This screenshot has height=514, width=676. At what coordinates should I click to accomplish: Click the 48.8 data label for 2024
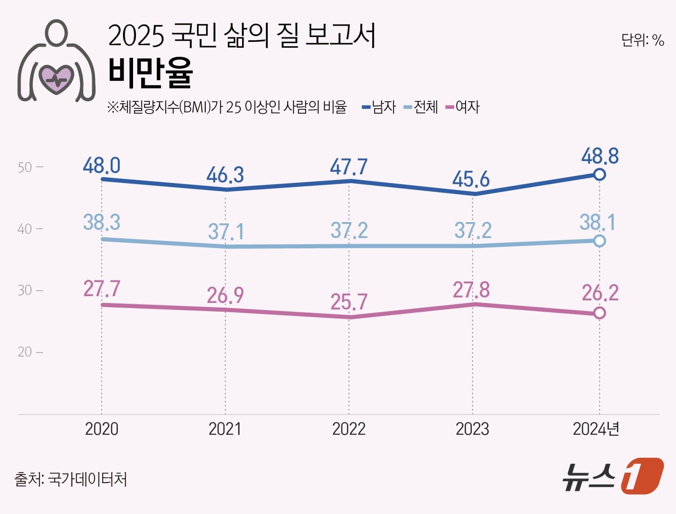pos(600,156)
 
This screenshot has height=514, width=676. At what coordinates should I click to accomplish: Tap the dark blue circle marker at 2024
pos(599,174)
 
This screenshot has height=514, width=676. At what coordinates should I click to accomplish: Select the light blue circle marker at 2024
pos(599,241)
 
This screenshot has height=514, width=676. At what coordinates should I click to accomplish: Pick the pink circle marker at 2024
pos(599,313)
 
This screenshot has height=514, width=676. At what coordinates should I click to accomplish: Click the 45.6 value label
pos(471,179)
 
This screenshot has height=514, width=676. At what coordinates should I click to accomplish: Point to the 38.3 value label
pos(101,222)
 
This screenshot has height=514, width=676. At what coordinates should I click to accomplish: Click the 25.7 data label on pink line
pos(349,302)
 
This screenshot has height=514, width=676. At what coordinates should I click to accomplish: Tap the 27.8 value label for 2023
pos(471,290)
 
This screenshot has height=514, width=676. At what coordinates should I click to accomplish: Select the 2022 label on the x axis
pos(349,429)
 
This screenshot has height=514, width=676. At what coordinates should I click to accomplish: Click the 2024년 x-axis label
pos(596,429)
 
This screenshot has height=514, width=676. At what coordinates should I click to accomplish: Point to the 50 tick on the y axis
pos(25,168)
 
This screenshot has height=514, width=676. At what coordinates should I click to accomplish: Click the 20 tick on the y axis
pos(25,352)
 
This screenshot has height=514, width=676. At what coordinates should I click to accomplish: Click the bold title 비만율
pos(150,73)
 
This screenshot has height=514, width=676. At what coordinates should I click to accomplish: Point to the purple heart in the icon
pos(56,79)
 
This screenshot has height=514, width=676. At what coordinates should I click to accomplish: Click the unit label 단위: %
pos(642,41)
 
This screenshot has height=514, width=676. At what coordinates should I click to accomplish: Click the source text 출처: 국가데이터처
pos(71,479)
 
